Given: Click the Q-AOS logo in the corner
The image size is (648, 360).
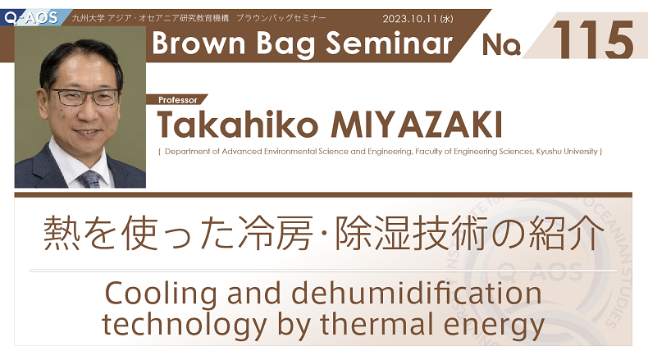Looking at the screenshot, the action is [x=31, y=18].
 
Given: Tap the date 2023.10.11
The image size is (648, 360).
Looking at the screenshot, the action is [x=410, y=19].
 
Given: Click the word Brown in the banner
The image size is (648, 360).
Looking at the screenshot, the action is [x=199, y=43].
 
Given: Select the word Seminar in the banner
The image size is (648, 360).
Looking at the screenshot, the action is [x=389, y=43].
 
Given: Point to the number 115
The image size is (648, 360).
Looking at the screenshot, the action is [x=592, y=39].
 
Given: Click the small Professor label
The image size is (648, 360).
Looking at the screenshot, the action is [x=178, y=100].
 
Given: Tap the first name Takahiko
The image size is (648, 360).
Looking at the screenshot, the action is [x=237, y=124].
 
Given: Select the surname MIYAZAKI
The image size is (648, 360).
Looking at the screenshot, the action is [x=416, y=124].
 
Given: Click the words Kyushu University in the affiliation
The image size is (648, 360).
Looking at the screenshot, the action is [x=567, y=151].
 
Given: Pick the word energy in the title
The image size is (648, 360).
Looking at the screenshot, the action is [x=494, y=326].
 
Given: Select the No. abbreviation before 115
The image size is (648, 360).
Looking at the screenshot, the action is [x=501, y=44].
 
